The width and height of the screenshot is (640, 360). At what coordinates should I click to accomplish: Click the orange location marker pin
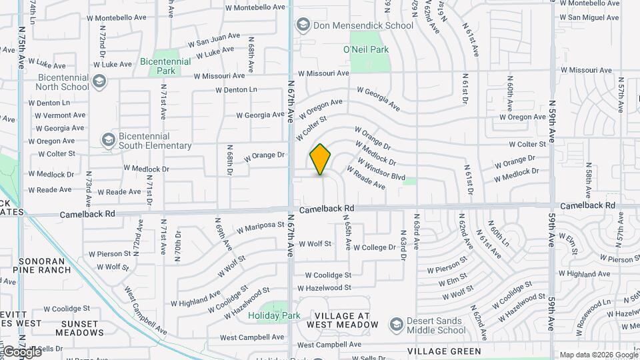321,159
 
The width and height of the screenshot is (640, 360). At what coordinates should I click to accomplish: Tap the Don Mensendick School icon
303,25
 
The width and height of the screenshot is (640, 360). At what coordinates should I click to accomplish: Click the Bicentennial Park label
166,65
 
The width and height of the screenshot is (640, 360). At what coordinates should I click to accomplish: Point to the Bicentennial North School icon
99,81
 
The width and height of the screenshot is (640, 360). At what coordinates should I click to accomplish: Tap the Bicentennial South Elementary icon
108,140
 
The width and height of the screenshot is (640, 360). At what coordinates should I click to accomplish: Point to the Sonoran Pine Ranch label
41,265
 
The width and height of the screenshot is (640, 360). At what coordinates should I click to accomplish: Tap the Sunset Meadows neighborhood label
79,328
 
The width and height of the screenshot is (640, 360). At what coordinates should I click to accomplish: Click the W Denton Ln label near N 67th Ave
236,89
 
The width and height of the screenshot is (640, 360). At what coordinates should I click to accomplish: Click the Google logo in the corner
21,351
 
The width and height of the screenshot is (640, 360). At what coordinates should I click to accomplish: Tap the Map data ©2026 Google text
598,355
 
